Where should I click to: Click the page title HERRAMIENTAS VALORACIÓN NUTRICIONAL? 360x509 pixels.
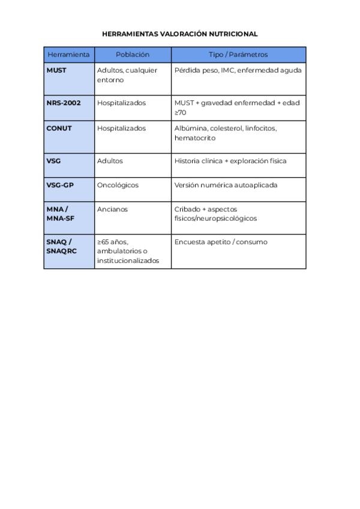[x=180, y=34]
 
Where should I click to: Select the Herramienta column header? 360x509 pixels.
[x=68, y=55]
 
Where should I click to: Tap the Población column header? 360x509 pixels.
[x=133, y=55]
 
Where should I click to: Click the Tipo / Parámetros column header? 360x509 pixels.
[x=238, y=55]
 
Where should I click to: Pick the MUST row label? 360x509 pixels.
[x=56, y=70]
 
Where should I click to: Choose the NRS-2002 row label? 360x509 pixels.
[x=64, y=103]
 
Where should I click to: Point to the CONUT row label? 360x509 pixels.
[x=59, y=128]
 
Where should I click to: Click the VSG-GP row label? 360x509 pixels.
[x=60, y=185]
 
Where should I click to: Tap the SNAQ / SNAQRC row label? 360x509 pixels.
[x=61, y=246]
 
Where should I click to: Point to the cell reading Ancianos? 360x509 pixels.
[x=112, y=209]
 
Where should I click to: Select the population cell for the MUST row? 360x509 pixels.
[x=127, y=75]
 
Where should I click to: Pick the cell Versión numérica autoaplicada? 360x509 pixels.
[x=226, y=185]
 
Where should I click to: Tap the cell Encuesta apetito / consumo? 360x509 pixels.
[x=221, y=242]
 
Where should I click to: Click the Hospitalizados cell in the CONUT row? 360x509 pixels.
[x=121, y=128]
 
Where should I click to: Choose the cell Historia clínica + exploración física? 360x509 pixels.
[x=230, y=161]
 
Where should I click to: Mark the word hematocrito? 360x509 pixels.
[x=194, y=138]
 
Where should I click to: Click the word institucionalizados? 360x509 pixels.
[x=128, y=261]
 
